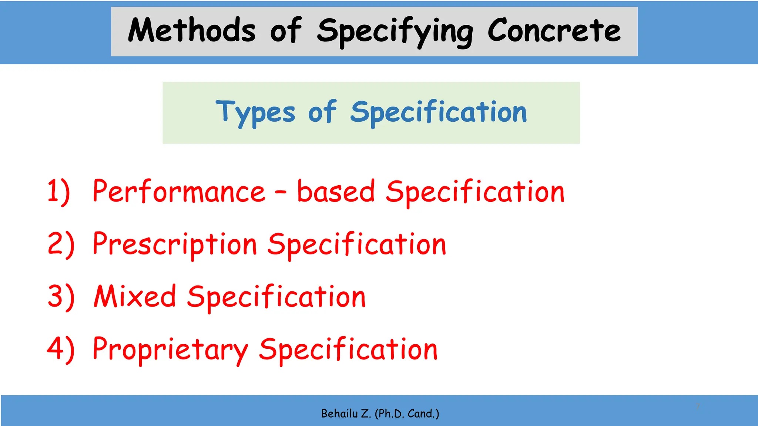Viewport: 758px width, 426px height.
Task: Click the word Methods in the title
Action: tap(192, 30)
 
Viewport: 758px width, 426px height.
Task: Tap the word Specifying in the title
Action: tap(395, 32)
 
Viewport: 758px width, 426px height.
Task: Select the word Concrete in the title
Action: tap(554, 30)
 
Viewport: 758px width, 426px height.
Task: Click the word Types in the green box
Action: tap(255, 112)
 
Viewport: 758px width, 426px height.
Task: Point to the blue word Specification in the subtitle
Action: tap(438, 112)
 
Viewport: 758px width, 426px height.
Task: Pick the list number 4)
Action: tap(61, 349)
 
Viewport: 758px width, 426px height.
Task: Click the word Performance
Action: tap(179, 192)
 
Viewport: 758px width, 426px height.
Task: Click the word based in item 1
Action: tap(336, 192)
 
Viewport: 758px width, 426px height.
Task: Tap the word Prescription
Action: tap(175, 245)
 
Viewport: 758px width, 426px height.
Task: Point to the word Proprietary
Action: tap(170, 350)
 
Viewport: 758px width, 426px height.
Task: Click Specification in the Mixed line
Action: tap(276, 297)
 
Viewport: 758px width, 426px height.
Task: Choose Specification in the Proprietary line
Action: tap(348, 350)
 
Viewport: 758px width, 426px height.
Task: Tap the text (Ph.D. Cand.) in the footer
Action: tap(407, 413)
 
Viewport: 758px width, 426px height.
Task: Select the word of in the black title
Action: tap(286, 30)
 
